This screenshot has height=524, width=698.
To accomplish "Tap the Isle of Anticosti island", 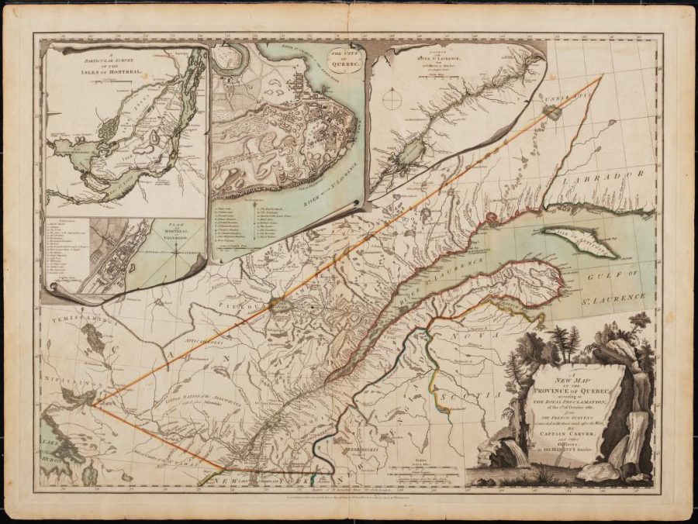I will tap(579, 241).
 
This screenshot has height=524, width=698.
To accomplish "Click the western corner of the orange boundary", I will tap(92, 405).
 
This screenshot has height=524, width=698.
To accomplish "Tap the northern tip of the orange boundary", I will tap(601, 76).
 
